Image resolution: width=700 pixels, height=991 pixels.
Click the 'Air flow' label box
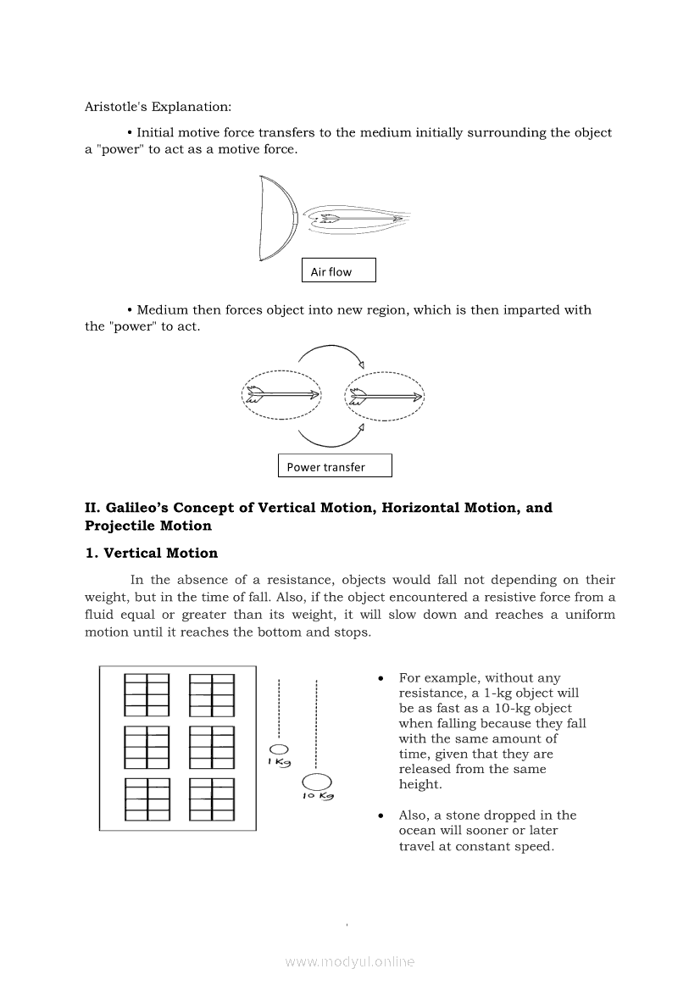pos(338,270)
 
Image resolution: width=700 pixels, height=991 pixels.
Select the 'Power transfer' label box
pos(335,465)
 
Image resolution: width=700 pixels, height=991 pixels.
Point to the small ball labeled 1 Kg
pos(280,749)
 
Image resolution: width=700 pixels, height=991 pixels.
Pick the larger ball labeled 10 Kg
pos(316,782)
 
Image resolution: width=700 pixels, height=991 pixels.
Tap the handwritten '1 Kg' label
pos(280,762)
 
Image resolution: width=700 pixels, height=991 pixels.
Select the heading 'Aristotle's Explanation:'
pos(158,107)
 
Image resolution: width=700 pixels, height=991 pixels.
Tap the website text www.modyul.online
pos(350,961)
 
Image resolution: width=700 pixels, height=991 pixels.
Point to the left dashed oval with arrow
pos(282,395)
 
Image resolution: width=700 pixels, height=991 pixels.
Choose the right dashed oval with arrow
pos(385,395)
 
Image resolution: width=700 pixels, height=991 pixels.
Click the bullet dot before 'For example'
pos(382,678)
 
